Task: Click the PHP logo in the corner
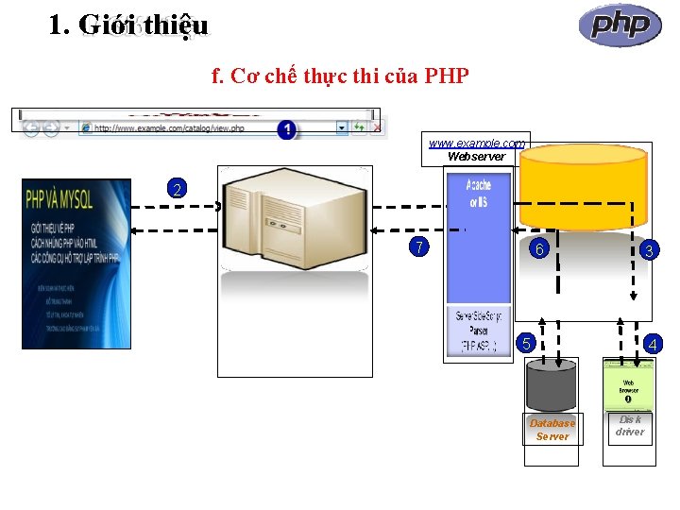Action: (x=620, y=25)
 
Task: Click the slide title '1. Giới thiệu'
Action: (x=128, y=25)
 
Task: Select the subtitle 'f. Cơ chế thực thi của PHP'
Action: (x=341, y=76)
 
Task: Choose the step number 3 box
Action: (x=648, y=249)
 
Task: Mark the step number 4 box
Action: (x=652, y=345)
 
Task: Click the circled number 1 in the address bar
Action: (x=286, y=128)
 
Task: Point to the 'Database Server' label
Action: (x=552, y=430)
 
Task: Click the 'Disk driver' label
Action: (x=629, y=425)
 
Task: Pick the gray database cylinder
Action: (x=552, y=387)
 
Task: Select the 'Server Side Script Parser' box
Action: (x=478, y=331)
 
